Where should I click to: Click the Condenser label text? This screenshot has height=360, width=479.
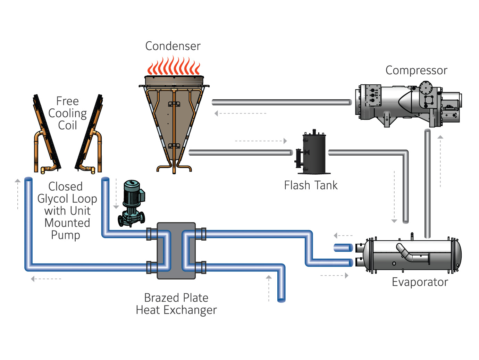tap(173, 46)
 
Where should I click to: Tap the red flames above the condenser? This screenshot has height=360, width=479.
tap(174, 66)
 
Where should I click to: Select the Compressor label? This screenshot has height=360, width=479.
tap(416, 70)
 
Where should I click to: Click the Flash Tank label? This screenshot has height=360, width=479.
tap(310, 185)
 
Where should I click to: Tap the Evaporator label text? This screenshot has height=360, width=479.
tap(420, 282)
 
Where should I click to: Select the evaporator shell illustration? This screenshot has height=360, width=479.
tap(410, 256)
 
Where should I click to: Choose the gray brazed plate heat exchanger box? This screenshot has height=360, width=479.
tap(176, 251)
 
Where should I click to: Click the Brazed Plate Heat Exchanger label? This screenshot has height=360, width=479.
tap(176, 304)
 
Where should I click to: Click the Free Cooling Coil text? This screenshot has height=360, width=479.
tap(67, 113)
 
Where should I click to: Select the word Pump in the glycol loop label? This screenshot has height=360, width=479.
tap(65, 235)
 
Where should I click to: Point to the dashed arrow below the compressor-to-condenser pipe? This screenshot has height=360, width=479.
tap(240, 114)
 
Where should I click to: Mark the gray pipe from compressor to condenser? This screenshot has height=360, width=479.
tap(281, 102)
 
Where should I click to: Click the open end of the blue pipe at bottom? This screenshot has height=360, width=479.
tap(281, 300)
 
